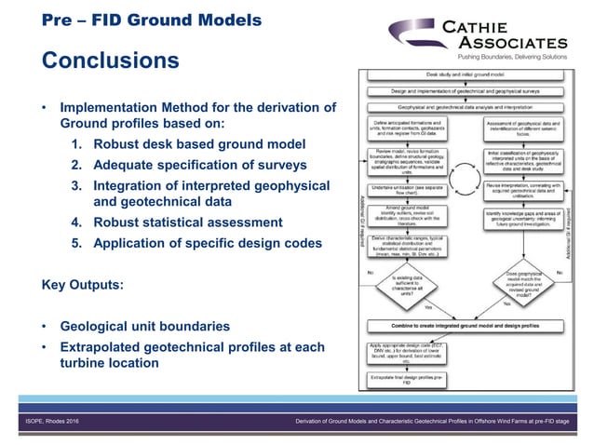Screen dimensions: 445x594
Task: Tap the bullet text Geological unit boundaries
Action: pyautogui.click(x=146, y=328)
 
